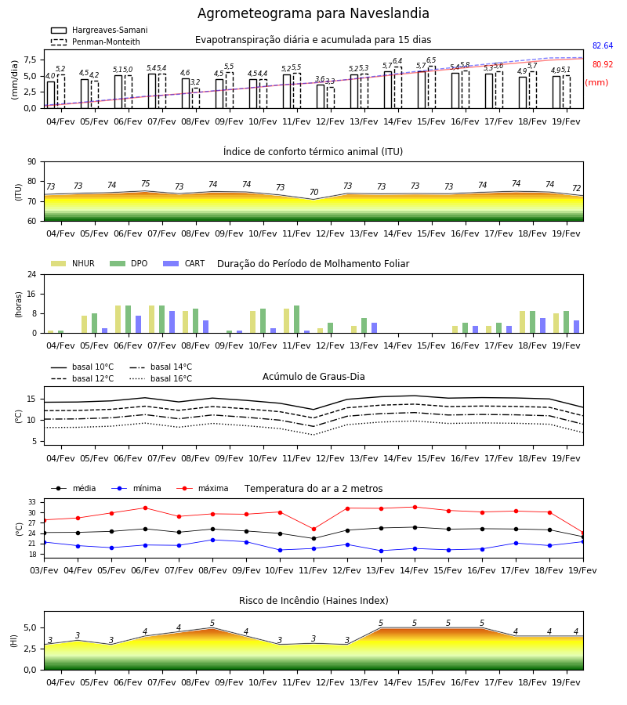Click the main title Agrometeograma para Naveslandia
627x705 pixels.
(313, 13)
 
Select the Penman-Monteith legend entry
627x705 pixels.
(96, 42)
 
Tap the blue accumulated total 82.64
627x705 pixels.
(603, 46)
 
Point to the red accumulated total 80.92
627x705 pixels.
(603, 65)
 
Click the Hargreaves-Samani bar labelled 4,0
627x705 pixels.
(51, 95)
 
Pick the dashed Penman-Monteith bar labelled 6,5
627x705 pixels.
(432, 87)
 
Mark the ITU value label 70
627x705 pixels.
(314, 193)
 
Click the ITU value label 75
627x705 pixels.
(145, 184)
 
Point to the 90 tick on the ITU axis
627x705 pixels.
(32, 162)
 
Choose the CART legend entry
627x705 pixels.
(184, 263)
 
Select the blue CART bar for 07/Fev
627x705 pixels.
(172, 322)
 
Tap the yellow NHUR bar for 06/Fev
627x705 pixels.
(118, 320)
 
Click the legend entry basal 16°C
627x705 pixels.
(161, 379)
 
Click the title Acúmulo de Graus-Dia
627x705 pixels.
(313, 377)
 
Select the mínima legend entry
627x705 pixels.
(136, 489)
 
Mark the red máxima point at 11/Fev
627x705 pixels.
(314, 530)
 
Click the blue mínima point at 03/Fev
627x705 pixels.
(44, 542)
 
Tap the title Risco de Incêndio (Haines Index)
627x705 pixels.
(313, 601)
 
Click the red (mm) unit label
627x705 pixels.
(597, 83)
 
